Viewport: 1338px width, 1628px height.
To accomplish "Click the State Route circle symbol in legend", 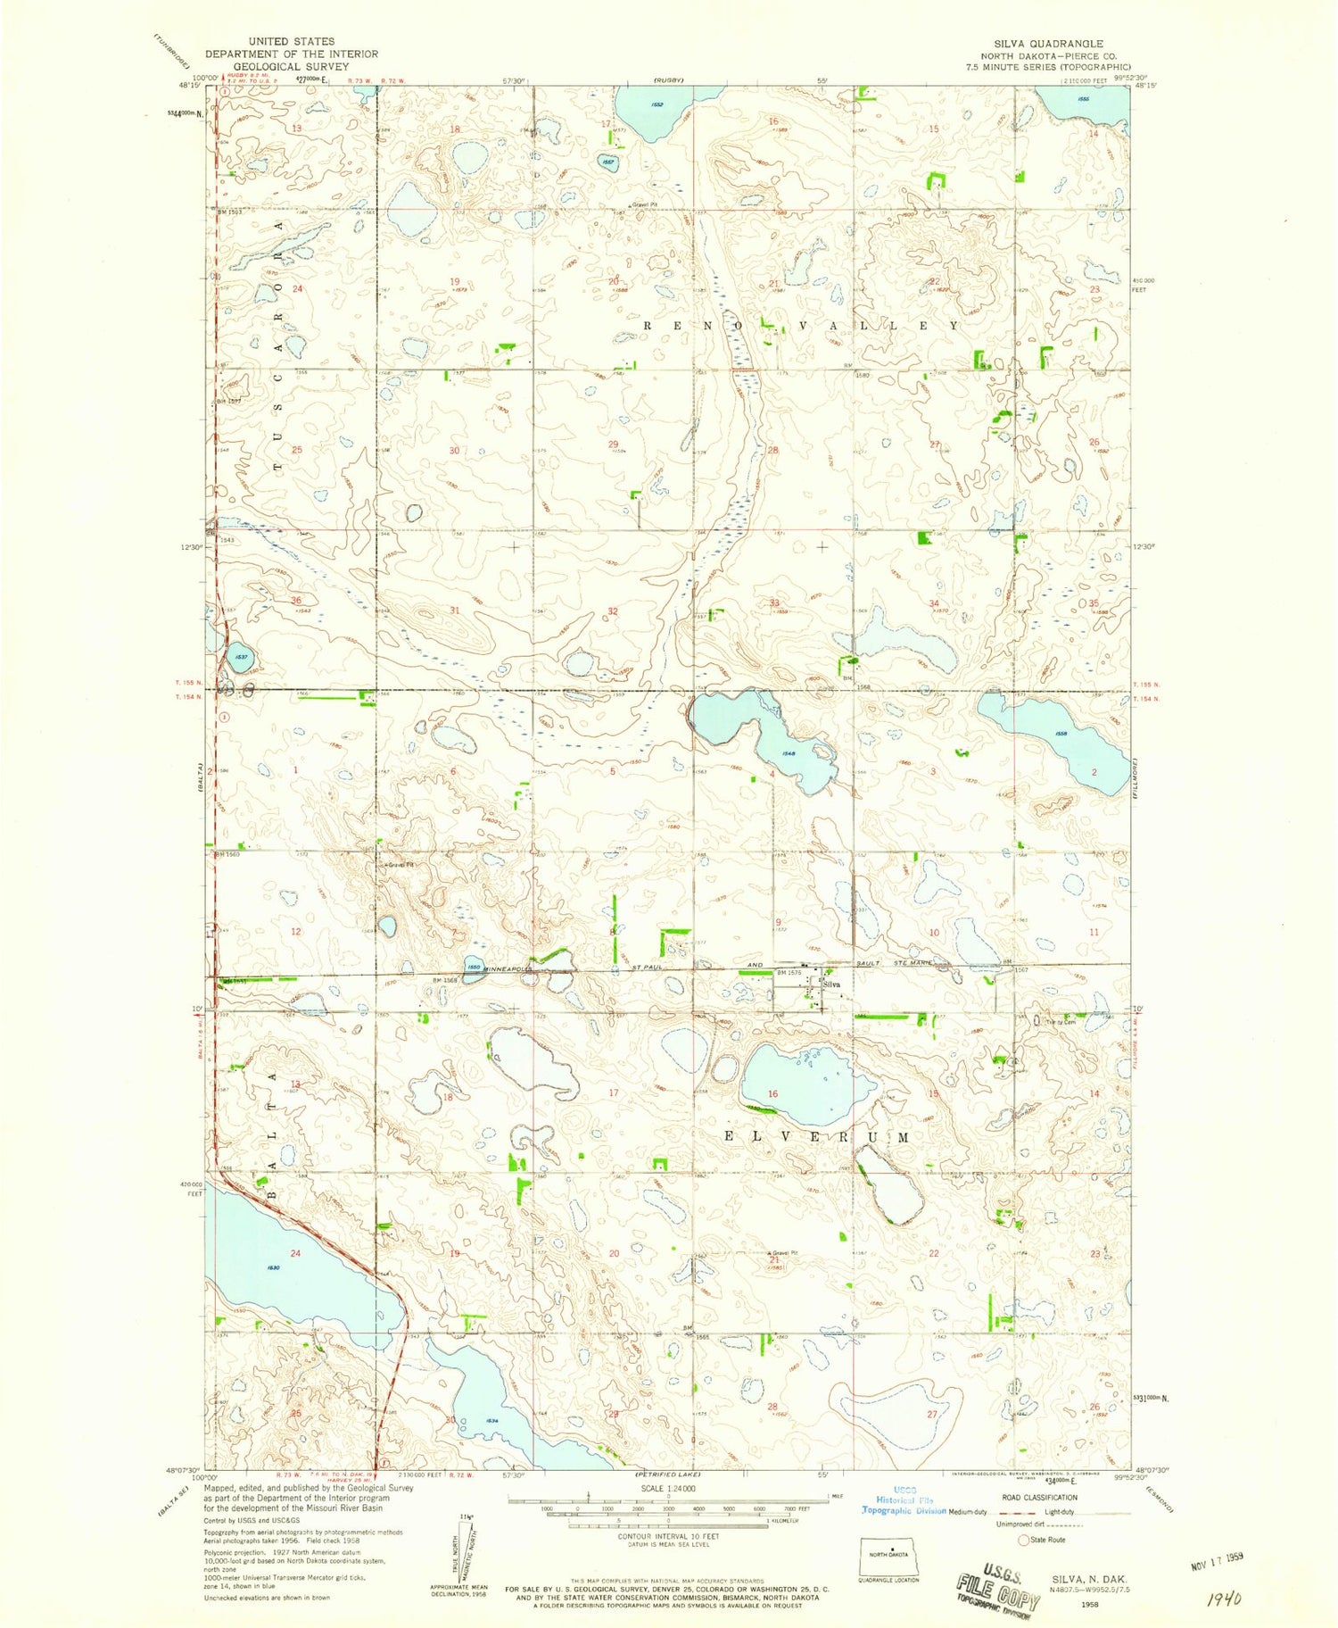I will coord(1023,1540).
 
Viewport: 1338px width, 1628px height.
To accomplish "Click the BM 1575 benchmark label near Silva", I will coord(787,973).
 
